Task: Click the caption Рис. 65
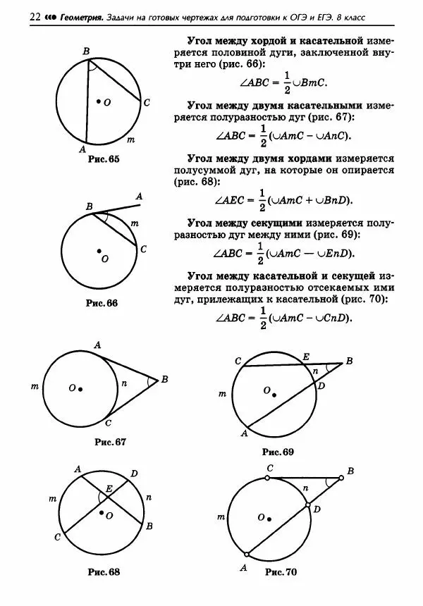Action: pyautogui.click(x=105, y=160)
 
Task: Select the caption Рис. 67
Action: pyautogui.click(x=110, y=442)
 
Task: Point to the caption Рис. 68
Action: pyautogui.click(x=101, y=570)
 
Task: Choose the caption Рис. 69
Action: pyautogui.click(x=278, y=451)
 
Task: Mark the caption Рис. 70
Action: pyautogui.click(x=281, y=572)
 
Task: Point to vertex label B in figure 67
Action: pyautogui.click(x=164, y=379)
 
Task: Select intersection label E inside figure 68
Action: pyautogui.click(x=109, y=488)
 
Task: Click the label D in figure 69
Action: pyautogui.click(x=321, y=386)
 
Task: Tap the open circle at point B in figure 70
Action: pyautogui.click(x=341, y=478)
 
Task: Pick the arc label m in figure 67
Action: pyautogui.click(x=35, y=387)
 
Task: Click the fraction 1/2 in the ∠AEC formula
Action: pyautogui.click(x=262, y=199)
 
